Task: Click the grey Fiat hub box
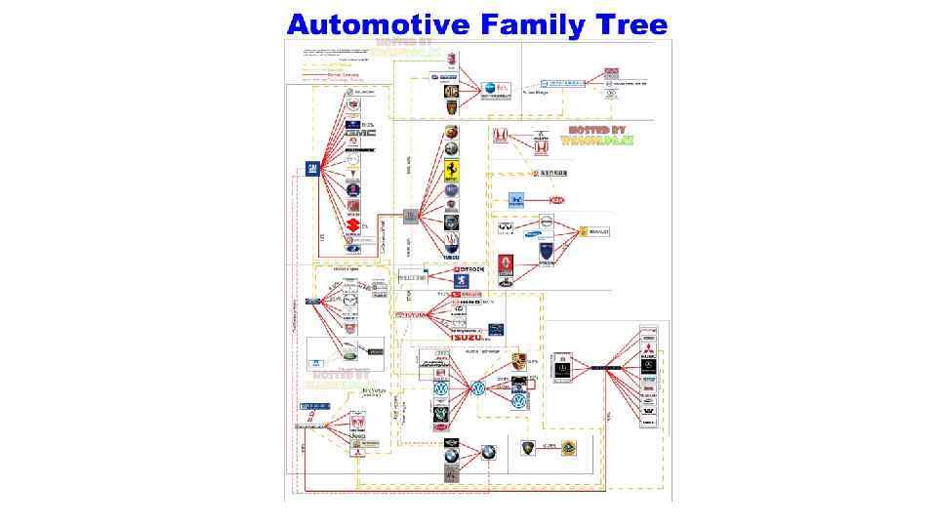[411, 216]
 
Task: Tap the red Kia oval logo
[557, 200]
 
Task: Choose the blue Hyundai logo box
[514, 201]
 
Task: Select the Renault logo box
[595, 231]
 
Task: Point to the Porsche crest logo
[519, 362]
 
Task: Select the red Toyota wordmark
[411, 315]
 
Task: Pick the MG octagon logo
[452, 91]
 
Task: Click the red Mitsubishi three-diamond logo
[648, 345]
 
